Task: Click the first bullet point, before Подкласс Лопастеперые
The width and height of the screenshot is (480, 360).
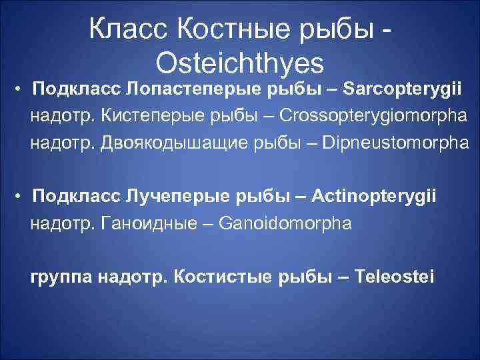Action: pos(21,89)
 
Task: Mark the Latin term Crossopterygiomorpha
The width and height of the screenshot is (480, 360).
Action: pos(374,116)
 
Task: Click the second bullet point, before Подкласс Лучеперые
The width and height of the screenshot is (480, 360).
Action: pos(21,196)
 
